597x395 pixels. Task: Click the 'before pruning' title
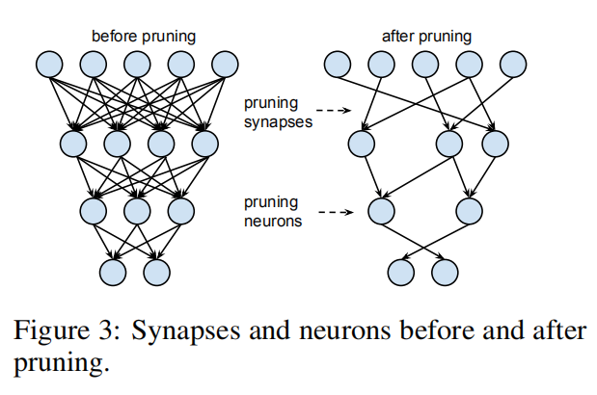(144, 37)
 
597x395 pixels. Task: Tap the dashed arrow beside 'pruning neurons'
(332, 211)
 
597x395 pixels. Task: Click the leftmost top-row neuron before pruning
(49, 65)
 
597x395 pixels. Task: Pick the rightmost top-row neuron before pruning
(226, 65)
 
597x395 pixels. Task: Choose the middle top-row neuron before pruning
(137, 65)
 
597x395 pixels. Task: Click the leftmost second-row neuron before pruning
(73, 144)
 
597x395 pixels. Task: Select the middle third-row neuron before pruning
(137, 209)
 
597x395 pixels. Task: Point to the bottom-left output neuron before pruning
(115, 273)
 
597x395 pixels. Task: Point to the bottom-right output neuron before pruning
(158, 273)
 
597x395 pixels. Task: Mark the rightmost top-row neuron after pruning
(512, 65)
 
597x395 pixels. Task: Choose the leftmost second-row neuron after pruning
(361, 144)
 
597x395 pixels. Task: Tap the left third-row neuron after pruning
(381, 209)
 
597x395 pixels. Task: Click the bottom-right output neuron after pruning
(446, 273)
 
